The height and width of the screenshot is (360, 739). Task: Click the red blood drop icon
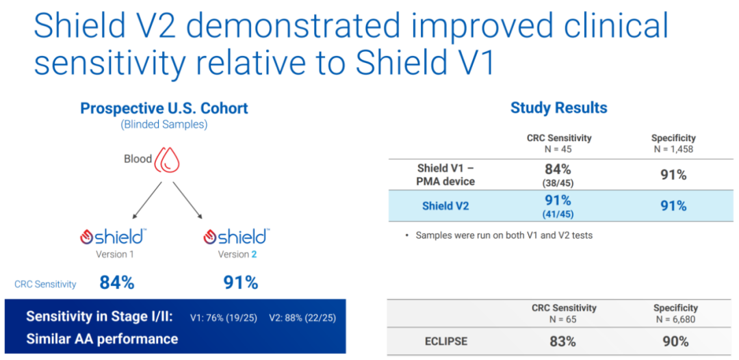168,159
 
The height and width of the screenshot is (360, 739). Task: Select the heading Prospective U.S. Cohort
164,108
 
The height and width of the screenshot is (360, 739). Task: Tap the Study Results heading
559,108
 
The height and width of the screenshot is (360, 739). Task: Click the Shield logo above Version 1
112,235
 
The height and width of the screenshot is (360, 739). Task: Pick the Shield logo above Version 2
237,235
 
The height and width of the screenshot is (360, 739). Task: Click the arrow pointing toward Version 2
187,201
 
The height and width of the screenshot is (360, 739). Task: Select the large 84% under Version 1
117,283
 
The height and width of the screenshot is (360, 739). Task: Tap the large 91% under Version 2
240,283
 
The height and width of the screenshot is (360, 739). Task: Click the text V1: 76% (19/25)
223,318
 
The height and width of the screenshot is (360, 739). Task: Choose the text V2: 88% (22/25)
302,318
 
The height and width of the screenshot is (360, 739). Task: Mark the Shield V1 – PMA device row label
445,175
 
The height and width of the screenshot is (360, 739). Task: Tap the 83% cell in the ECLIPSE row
562,341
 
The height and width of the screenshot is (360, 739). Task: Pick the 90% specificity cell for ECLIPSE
675,341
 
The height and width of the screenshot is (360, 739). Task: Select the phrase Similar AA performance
102,338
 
